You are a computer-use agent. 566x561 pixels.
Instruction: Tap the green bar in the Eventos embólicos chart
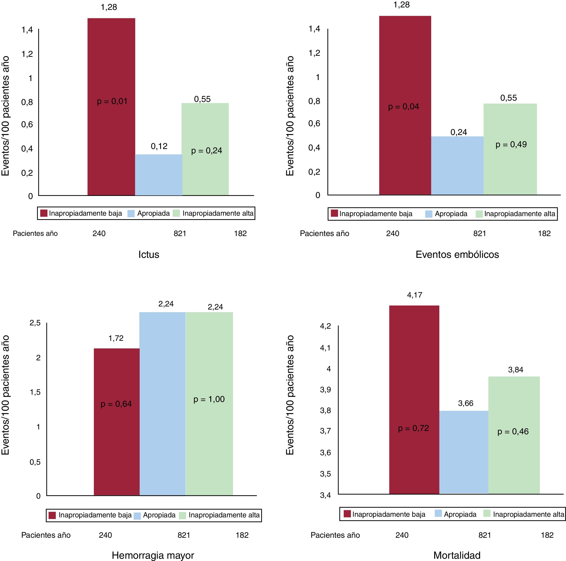(510, 170)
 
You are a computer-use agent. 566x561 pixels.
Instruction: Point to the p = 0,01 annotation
(112, 102)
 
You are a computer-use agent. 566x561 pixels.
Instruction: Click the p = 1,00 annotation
(209, 399)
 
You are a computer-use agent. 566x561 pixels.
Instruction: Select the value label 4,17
(415, 295)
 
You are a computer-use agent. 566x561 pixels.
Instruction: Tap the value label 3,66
(466, 403)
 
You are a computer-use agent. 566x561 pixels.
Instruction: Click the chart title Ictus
(149, 254)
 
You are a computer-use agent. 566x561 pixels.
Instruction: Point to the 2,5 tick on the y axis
(35, 323)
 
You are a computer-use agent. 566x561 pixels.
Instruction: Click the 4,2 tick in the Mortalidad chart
(325, 326)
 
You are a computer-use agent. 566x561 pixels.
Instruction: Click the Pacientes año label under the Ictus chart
(35, 234)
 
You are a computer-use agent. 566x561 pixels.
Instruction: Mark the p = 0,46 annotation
(513, 432)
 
